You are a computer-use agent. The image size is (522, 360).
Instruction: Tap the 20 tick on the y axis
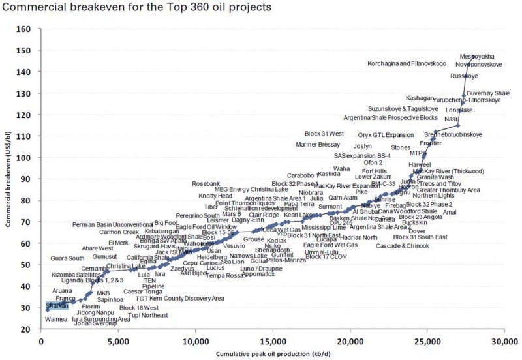coord(27,329)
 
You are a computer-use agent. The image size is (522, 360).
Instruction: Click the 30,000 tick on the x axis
coord(503,341)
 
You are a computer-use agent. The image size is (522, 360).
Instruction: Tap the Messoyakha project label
coord(477,57)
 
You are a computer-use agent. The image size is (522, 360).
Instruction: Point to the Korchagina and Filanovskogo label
coord(407,64)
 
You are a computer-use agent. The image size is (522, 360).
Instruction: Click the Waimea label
coord(57,319)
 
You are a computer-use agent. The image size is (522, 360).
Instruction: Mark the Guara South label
coord(67,258)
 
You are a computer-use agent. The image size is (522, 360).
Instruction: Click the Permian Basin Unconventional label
coord(112,224)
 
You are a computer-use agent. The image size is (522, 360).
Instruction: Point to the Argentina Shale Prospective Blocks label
coord(399,118)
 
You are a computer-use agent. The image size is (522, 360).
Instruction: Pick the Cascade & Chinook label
coord(403,246)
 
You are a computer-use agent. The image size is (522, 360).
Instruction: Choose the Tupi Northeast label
coord(148,315)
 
